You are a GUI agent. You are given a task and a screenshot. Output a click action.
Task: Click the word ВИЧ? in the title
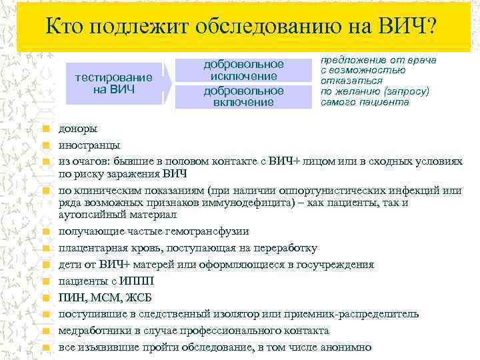[403, 27]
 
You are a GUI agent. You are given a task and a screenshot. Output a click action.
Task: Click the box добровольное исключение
[243, 71]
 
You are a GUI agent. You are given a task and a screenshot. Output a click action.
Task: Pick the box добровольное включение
[243, 96]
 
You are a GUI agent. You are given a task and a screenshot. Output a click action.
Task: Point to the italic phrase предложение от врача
[378, 60]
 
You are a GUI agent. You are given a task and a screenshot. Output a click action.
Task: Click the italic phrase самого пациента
[365, 103]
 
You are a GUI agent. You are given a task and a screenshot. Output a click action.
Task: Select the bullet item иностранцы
[89, 145]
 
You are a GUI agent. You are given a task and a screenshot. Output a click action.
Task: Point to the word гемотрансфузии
[208, 231]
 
